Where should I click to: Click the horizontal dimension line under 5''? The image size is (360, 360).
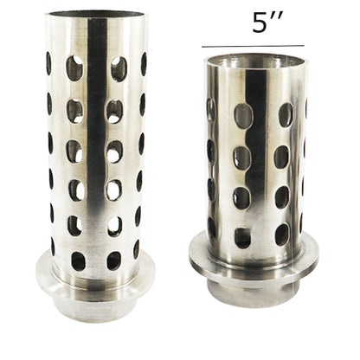click(x=253, y=46)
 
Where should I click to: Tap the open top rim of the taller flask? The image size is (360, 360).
click(x=95, y=16)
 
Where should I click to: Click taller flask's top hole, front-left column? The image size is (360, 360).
click(x=75, y=68)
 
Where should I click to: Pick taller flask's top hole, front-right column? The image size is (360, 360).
click(x=118, y=68)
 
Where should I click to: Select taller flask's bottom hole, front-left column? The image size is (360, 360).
click(x=78, y=260)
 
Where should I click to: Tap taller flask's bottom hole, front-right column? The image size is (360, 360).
click(x=113, y=260)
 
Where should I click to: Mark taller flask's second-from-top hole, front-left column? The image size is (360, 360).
click(x=75, y=110)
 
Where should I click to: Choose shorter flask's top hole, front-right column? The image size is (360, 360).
click(x=285, y=115)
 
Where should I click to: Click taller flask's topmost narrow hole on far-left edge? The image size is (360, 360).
click(x=48, y=63)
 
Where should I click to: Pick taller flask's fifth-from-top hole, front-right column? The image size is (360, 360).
click(x=114, y=226)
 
